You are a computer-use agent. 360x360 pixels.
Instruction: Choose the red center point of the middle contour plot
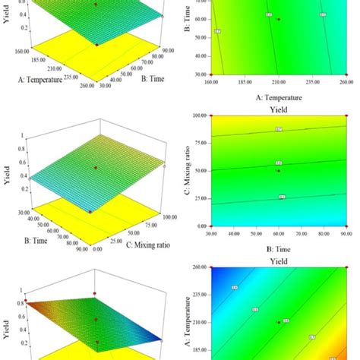coord(279,171)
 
